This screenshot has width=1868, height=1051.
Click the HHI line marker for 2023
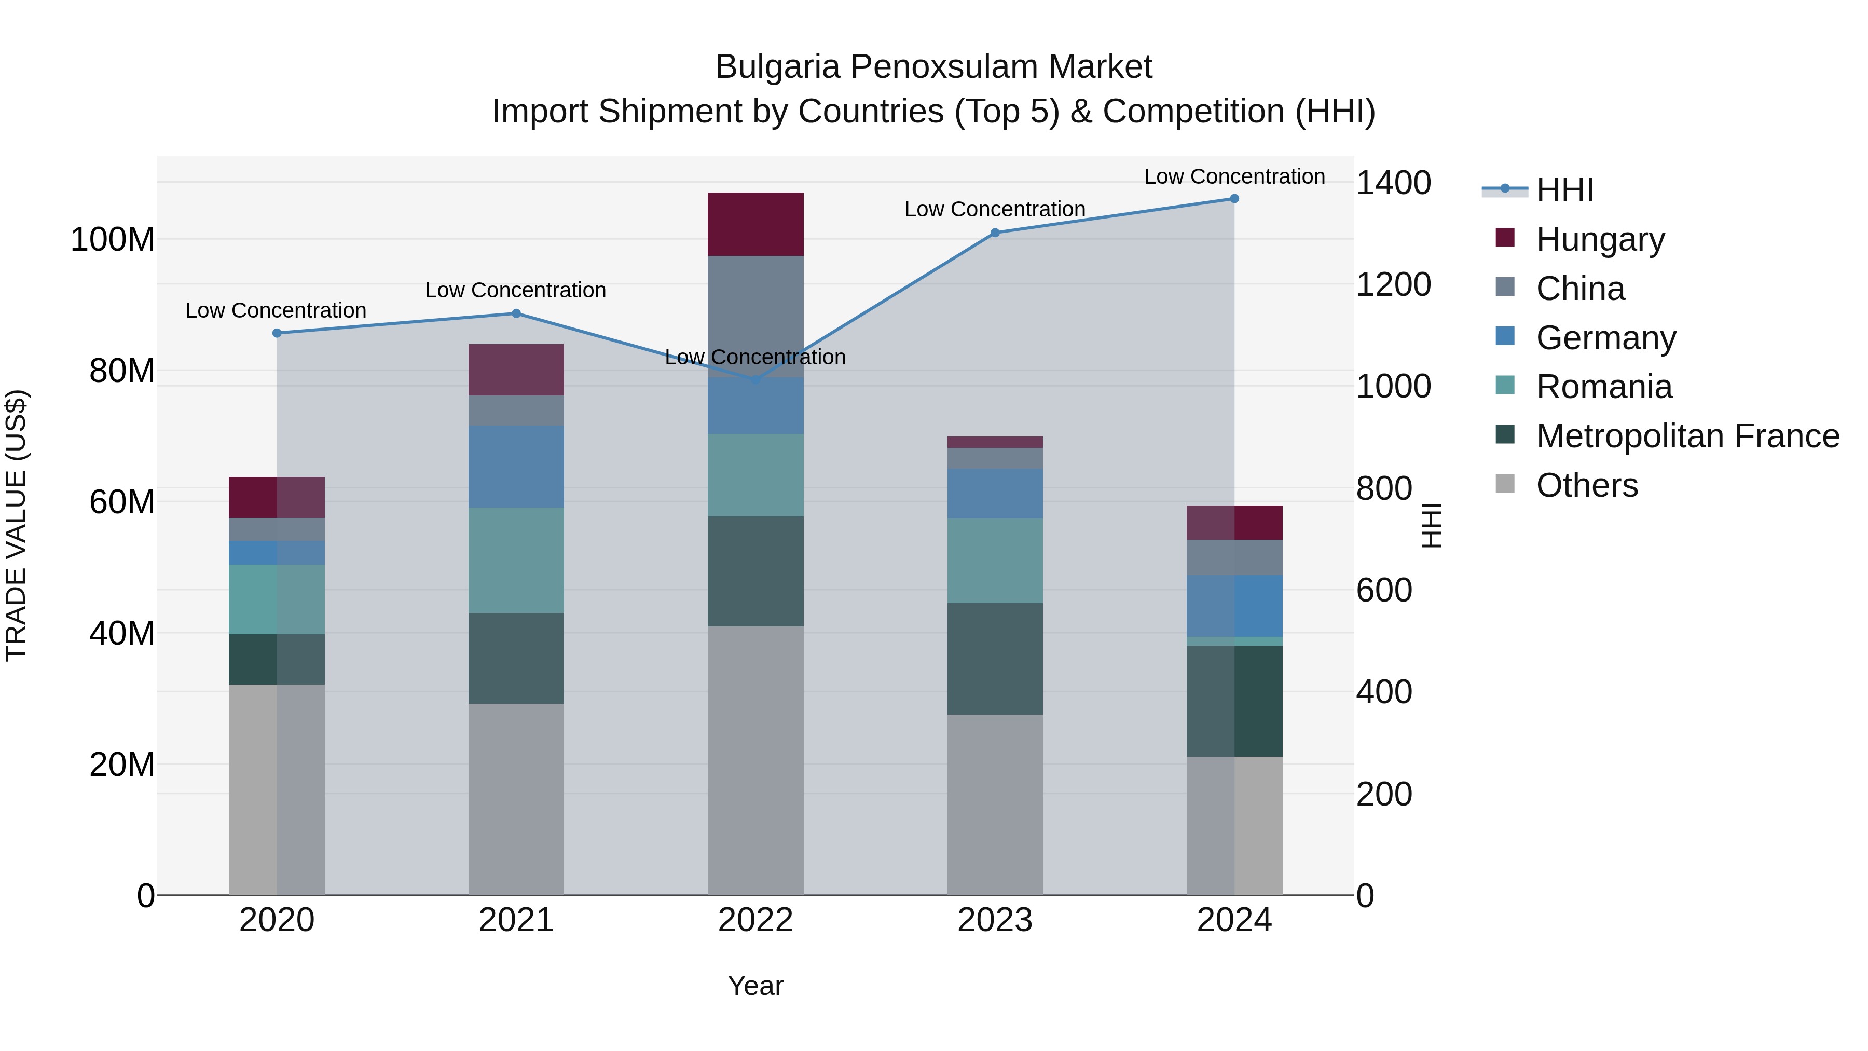(995, 233)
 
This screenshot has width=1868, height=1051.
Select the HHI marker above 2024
(1234, 199)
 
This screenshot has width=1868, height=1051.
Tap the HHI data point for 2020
(277, 333)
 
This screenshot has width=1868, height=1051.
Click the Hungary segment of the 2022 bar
(756, 224)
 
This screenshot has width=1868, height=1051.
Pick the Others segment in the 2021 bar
(516, 799)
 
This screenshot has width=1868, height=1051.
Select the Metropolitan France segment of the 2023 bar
(995, 659)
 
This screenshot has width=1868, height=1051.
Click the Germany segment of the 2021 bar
(516, 467)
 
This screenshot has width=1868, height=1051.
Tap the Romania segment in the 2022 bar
(756, 475)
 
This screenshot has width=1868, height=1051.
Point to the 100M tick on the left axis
(113, 239)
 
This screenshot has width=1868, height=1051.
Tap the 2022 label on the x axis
(756, 920)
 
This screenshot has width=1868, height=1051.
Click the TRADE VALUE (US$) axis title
(17, 525)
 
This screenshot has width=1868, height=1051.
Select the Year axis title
(756, 986)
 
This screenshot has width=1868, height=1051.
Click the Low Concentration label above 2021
(516, 290)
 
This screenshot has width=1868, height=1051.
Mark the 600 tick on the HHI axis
(1383, 591)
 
